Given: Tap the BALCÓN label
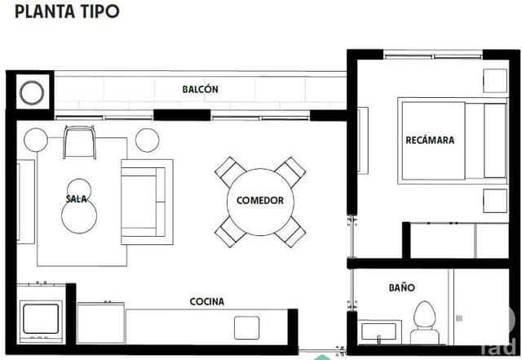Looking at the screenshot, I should point(200,90).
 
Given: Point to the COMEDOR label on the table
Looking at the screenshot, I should point(259,201).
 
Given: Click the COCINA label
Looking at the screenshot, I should point(206,301).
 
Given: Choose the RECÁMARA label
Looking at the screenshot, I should point(430,140).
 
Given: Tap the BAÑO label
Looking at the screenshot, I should point(401,288).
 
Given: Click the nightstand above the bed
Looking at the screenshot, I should point(495,81).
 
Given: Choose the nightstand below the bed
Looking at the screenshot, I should point(494,200).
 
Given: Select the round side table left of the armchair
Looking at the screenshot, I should point(37,140).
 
